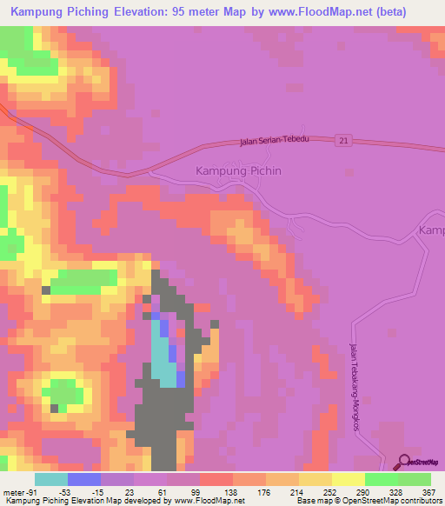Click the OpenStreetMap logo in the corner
[419, 463]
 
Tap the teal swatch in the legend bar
[51, 479]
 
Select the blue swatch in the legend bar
[84, 479]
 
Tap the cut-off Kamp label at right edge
[431, 230]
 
